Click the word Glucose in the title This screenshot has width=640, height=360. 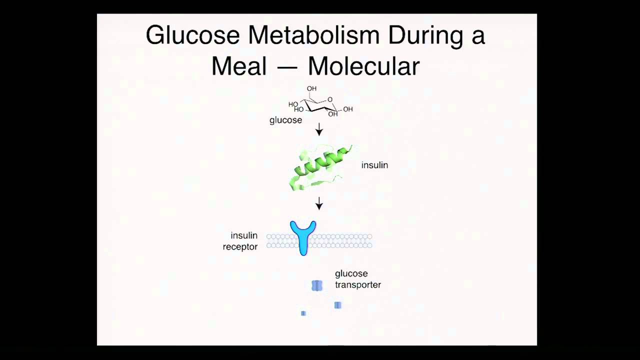192,35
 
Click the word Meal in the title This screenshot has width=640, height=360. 239,66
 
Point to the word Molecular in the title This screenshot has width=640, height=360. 363,66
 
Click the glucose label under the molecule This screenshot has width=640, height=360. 285,120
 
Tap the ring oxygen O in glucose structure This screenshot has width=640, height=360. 330,99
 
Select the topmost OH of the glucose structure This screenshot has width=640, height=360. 311,88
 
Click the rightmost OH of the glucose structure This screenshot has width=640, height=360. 348,109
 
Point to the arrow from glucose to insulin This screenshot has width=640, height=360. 319,129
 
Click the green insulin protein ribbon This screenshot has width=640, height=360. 320,167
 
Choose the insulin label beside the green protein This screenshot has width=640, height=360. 374,165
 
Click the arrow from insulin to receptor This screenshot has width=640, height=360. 319,203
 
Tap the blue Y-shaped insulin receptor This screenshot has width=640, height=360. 303,236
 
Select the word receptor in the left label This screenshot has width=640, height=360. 240,247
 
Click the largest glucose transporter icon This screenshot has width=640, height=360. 317,285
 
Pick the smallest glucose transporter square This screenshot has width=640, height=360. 303,313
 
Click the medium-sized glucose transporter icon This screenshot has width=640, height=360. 337,305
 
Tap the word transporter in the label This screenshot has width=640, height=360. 358,285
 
